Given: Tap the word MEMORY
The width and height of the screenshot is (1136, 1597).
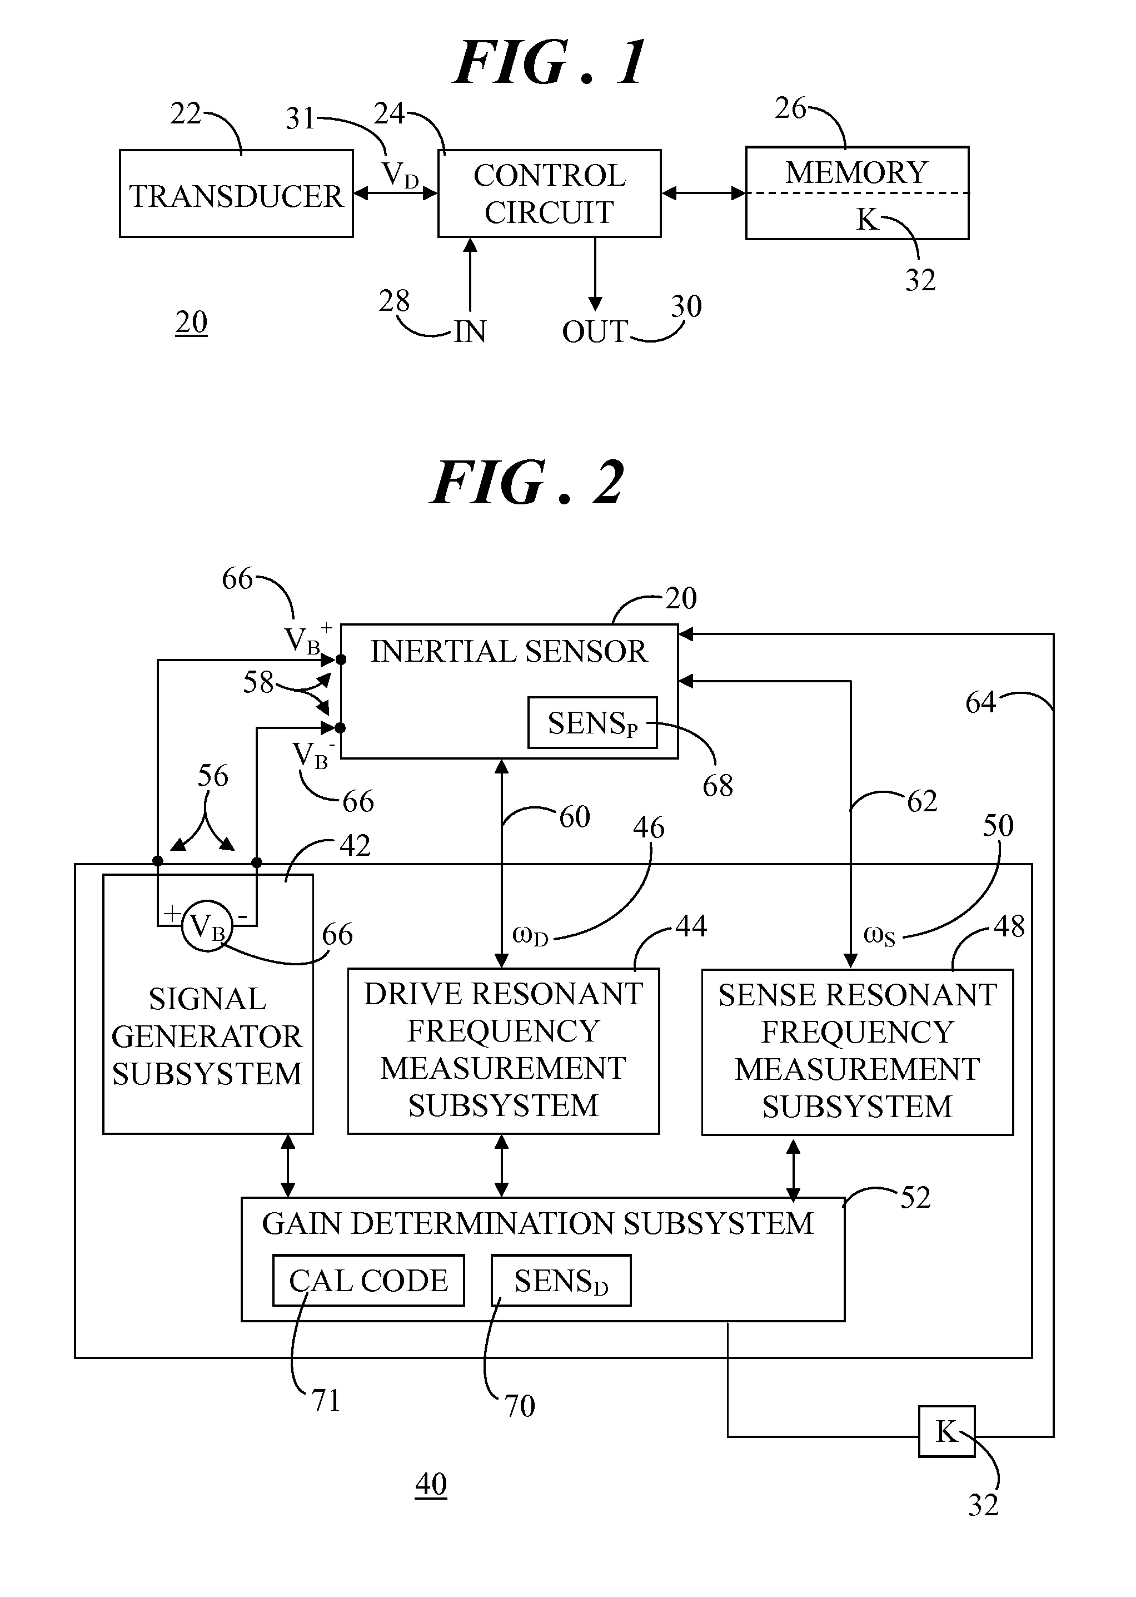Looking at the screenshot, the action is pyautogui.click(x=856, y=172).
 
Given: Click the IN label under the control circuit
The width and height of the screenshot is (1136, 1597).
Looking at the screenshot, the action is pyautogui.click(x=470, y=332).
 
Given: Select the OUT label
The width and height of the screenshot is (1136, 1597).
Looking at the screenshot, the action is pyautogui.click(x=595, y=332).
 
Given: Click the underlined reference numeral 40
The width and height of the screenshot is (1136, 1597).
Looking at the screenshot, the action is pyautogui.click(x=431, y=1484).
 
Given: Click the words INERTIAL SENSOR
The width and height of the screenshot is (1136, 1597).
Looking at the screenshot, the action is pyautogui.click(x=509, y=652).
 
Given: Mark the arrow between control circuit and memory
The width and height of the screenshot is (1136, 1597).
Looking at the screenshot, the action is pyautogui.click(x=704, y=193).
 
